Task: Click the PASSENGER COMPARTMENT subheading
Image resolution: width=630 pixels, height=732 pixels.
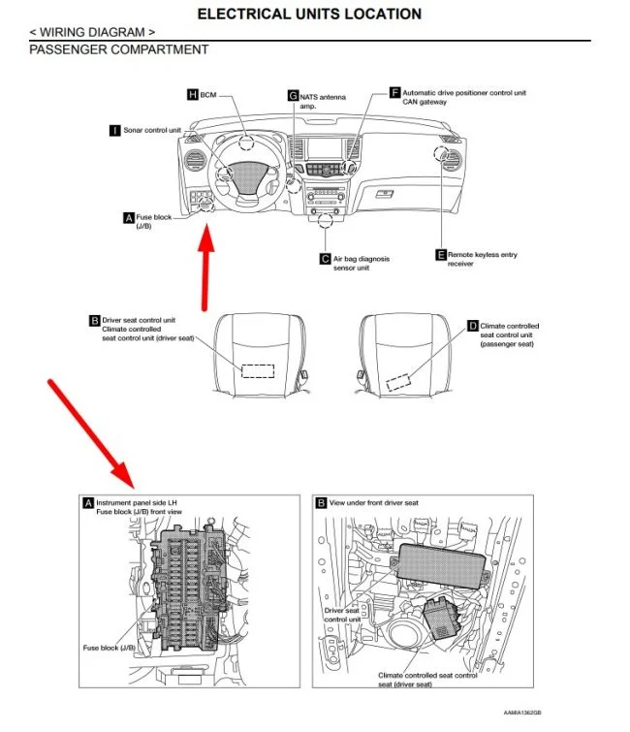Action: (119, 48)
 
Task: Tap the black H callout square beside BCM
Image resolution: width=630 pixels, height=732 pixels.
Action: (192, 94)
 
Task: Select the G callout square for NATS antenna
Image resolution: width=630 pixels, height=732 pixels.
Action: (293, 95)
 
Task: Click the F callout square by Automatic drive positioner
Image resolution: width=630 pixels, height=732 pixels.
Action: (394, 93)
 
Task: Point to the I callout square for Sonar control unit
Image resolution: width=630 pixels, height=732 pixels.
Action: (115, 130)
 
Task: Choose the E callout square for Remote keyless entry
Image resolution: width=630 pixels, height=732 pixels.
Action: (441, 255)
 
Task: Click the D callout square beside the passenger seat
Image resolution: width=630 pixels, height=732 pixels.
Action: (473, 327)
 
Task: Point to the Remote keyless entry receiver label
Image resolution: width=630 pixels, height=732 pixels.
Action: (483, 259)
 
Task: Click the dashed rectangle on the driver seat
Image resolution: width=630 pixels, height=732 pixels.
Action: (258, 369)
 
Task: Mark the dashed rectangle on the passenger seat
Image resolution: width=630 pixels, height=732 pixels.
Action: (400, 379)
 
